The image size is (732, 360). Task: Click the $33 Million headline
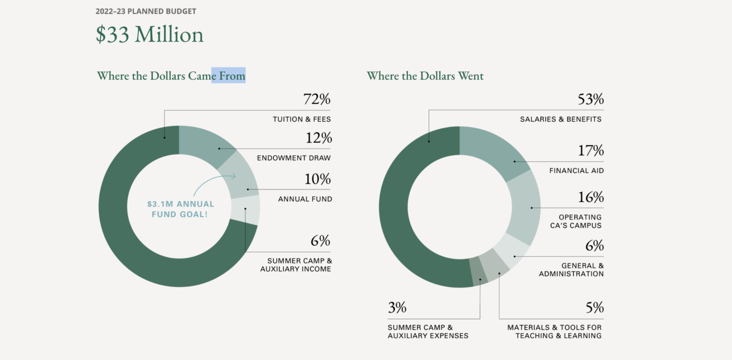click(150, 35)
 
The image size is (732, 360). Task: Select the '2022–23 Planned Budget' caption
click(146, 11)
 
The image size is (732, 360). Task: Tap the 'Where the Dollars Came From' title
click(171, 75)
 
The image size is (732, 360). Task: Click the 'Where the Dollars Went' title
click(425, 75)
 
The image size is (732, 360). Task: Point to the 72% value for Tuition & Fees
click(317, 100)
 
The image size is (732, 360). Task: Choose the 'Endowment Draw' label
click(293, 158)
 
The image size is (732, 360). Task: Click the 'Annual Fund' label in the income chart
click(305, 199)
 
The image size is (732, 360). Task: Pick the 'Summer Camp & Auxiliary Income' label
click(296, 265)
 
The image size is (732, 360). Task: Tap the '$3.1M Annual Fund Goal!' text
click(181, 209)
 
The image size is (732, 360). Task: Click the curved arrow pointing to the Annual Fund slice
click(215, 179)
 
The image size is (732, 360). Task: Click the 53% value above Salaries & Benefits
click(591, 100)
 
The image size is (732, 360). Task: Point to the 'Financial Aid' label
click(576, 171)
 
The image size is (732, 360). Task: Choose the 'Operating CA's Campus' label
click(580, 221)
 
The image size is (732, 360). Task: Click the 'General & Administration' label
click(571, 270)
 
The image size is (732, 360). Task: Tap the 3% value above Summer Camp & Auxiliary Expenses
click(397, 308)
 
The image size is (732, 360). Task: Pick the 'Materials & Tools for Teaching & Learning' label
click(555, 332)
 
